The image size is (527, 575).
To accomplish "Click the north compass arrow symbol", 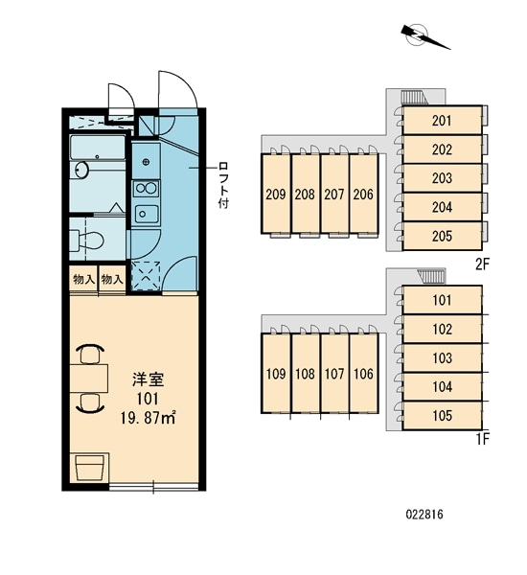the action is click(422, 34).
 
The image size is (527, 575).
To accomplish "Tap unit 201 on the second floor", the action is click(442, 121).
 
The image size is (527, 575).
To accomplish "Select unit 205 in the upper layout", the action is click(442, 236).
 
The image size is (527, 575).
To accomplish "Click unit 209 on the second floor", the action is click(276, 194).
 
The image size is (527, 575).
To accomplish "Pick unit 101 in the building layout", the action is click(442, 300).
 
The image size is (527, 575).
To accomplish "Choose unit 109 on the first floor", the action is click(276, 374).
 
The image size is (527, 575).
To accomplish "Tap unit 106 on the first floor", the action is click(364, 374).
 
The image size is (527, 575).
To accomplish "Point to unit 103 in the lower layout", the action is click(442, 357).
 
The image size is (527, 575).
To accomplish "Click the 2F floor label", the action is click(483, 264).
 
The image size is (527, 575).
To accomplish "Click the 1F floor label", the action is click(483, 439).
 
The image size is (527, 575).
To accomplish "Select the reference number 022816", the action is click(424, 515).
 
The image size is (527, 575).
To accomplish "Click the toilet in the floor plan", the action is click(87, 241).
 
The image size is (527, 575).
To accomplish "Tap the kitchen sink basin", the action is click(146, 214).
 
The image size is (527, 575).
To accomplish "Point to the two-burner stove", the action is click(146, 189).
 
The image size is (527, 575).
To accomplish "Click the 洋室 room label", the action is click(148, 380).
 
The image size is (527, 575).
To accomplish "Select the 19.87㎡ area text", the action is click(148, 418).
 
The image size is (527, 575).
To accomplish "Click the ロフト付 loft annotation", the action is click(223, 185).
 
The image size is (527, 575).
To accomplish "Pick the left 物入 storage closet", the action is click(84, 280).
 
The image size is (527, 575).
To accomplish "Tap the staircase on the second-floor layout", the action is click(413, 98).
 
